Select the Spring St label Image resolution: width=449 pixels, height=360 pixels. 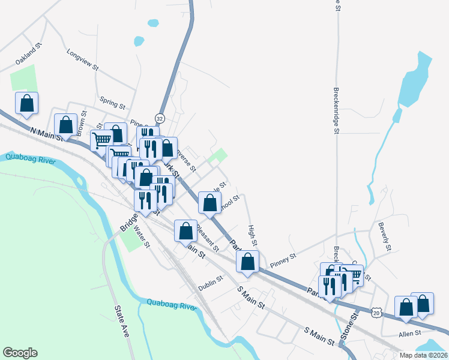click(x=112, y=103)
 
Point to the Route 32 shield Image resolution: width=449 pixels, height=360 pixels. click(x=160, y=118)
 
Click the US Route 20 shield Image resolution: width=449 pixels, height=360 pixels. click(x=376, y=313)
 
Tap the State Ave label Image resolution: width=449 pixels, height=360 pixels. click(x=122, y=320)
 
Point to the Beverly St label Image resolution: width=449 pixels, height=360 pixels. click(x=385, y=236)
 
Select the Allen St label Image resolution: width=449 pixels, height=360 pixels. click(x=410, y=333)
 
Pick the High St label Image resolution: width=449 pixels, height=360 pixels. click(x=253, y=236)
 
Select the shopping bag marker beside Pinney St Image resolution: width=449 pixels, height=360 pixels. click(x=247, y=262)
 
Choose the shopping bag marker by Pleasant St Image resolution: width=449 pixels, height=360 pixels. click(x=185, y=231)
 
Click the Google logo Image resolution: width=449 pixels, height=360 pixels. click(x=20, y=353)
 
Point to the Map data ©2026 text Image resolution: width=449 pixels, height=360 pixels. click(x=423, y=355)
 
